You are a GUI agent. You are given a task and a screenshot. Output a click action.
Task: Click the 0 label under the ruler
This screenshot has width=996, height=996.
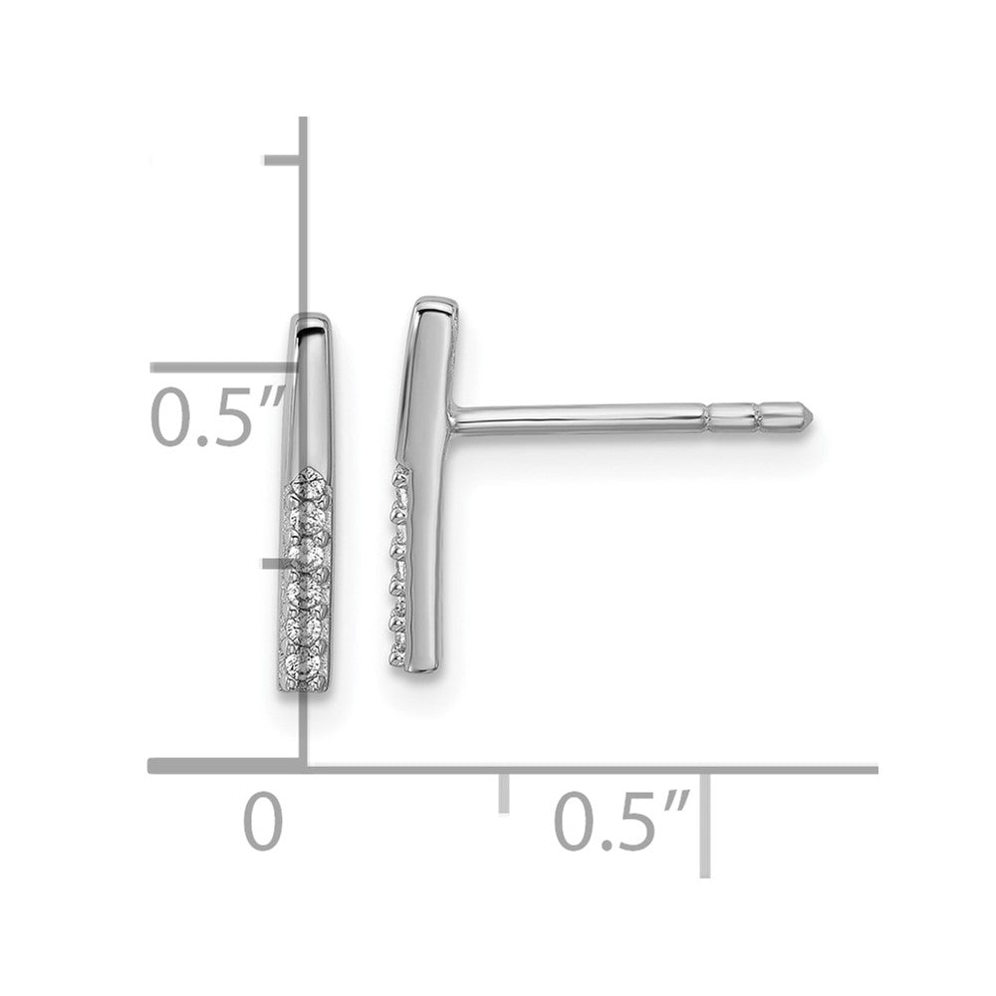263,822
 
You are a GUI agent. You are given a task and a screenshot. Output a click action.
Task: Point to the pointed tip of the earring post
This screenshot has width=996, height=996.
812,416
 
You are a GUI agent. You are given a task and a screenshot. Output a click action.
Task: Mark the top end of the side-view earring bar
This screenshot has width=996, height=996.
436,300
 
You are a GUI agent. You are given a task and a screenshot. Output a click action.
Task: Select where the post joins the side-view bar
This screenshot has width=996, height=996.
452,418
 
